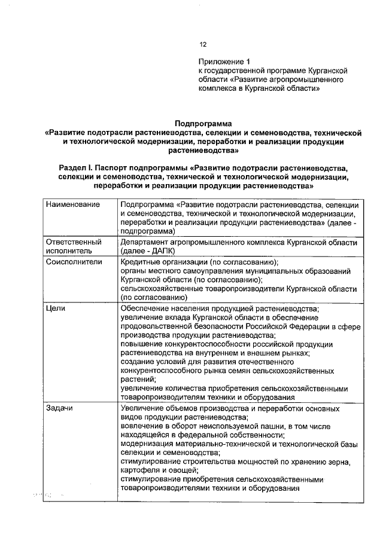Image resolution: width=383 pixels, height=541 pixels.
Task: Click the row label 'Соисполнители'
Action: point(74,262)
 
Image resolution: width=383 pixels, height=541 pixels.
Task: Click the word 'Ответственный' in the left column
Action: point(74,242)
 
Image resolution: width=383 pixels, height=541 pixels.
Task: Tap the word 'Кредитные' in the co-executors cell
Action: point(139,262)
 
